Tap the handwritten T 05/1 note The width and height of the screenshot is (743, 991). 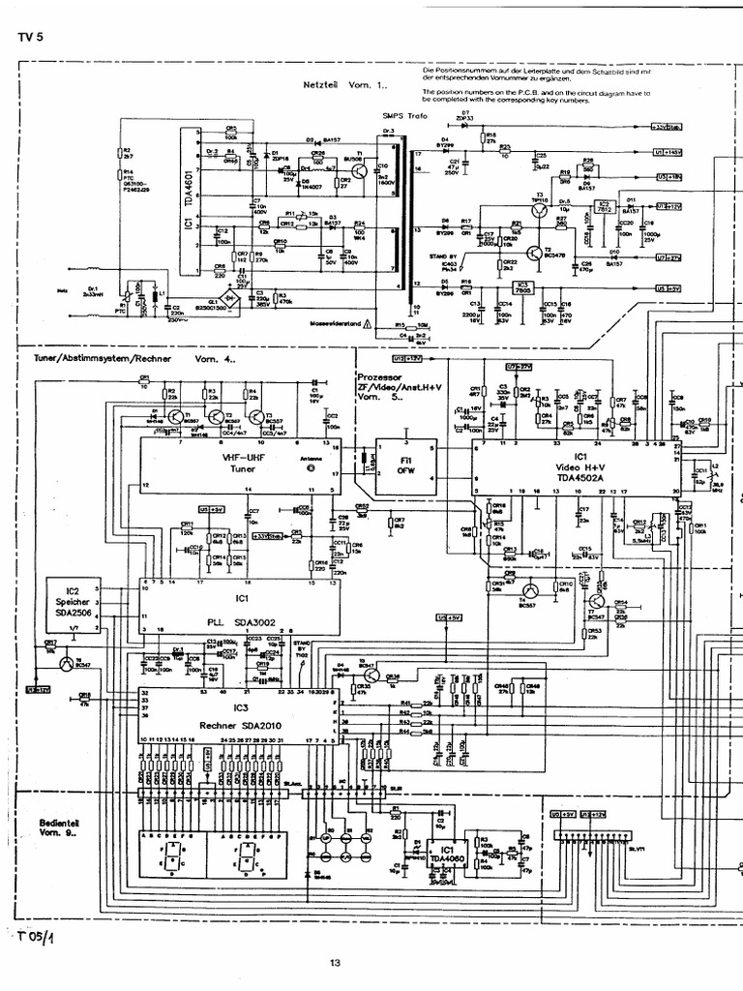(36, 937)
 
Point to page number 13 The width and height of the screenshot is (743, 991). (335, 962)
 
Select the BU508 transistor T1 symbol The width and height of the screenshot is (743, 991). (362, 170)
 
